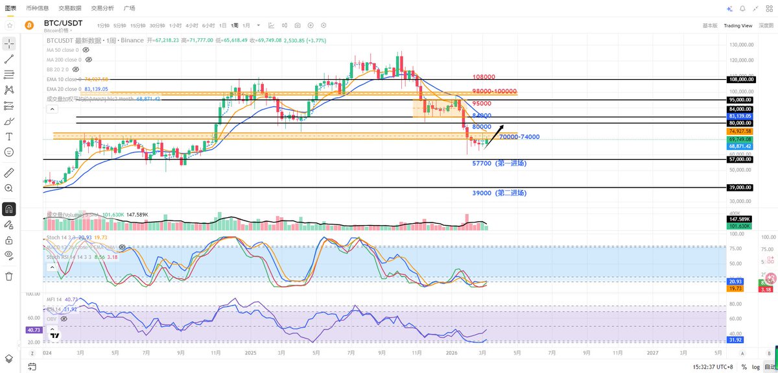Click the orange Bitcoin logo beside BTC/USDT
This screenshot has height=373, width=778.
pyautogui.click(x=29, y=25)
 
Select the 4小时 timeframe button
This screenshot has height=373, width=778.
pyautogui.click(x=191, y=25)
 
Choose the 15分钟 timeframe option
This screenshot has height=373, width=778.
pyautogui.click(x=137, y=25)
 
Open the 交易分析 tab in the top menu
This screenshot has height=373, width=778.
pyautogui.click(x=102, y=8)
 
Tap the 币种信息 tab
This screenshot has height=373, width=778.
pyautogui.click(x=38, y=8)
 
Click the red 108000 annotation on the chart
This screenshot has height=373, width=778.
pyautogui.click(x=484, y=76)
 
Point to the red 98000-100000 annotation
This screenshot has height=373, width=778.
pyautogui.click(x=495, y=91)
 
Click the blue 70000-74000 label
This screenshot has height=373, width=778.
pyautogui.click(x=519, y=137)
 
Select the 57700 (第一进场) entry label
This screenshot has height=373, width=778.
pyautogui.click(x=499, y=164)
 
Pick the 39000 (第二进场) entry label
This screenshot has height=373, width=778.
pyautogui.click(x=499, y=193)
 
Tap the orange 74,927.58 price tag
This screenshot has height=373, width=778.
pyautogui.click(x=739, y=131)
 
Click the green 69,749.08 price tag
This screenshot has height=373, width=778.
pyautogui.click(x=739, y=139)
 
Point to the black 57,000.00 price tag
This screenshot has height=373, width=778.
pyautogui.click(x=739, y=159)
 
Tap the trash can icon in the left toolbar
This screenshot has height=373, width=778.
pyautogui.click(x=9, y=276)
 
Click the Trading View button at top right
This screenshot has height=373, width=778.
pyautogui.click(x=738, y=25)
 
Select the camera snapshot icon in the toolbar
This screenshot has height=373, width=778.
pyautogui.click(x=298, y=25)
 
